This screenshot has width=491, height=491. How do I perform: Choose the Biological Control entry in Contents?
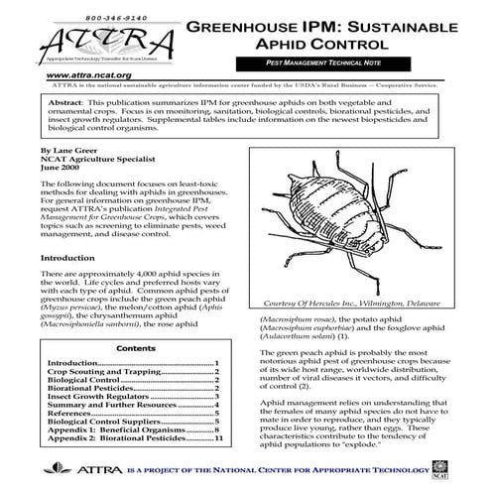(84, 380)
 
